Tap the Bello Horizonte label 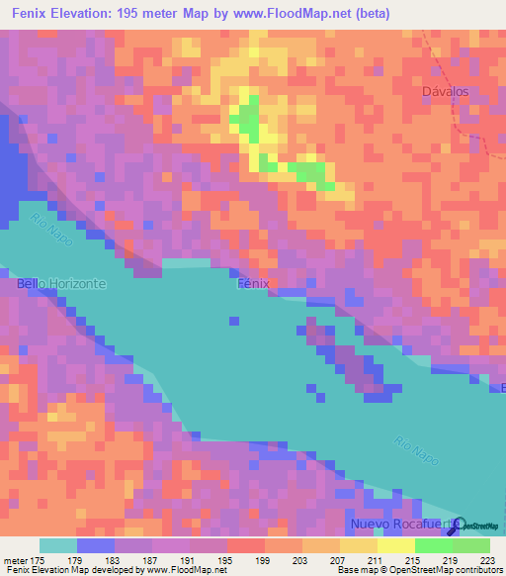point(61,283)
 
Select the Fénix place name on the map point(254,283)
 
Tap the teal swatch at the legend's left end point(57,545)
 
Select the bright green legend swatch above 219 point(433,545)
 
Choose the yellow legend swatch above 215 point(395,545)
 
